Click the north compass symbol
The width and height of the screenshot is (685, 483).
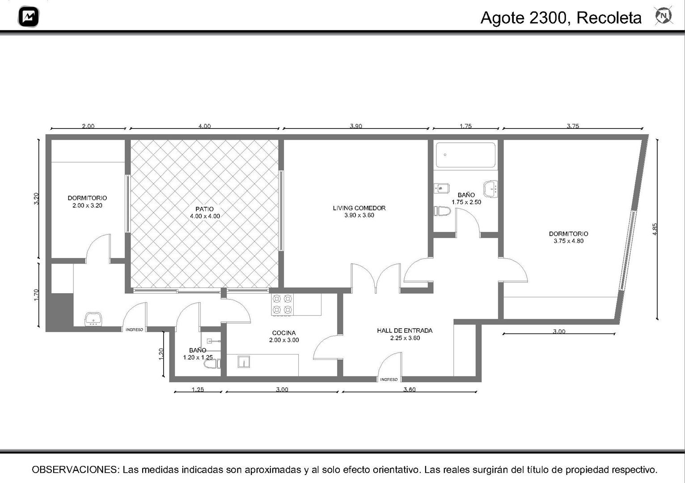tap(664, 16)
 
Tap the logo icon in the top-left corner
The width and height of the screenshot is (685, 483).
tap(29, 17)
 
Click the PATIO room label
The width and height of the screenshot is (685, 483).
tap(205, 209)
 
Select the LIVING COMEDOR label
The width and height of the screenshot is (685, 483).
tap(359, 208)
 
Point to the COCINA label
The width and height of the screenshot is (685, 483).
tap(284, 333)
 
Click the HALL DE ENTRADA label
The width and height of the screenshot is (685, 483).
tap(405, 330)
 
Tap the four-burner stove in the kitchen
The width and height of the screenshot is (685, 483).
tap(282, 304)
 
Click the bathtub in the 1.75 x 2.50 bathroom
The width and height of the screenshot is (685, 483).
tap(465, 155)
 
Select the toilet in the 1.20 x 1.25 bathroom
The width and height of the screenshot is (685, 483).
tap(212, 364)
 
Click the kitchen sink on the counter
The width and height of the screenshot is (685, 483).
tap(244, 362)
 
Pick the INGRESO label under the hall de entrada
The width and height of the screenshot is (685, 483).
tap(389, 380)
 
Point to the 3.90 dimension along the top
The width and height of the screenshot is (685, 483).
tap(356, 126)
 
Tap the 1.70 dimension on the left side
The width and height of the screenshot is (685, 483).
tap(36, 295)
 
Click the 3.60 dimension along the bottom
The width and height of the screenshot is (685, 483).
tap(410, 389)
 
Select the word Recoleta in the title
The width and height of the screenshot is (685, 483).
tap(609, 18)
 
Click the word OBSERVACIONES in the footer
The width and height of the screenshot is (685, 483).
tap(75, 470)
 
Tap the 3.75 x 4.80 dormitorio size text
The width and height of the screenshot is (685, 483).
tap(568, 241)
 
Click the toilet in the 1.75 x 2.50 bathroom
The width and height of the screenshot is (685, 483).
tap(442, 211)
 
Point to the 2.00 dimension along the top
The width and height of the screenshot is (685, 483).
tap(88, 126)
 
